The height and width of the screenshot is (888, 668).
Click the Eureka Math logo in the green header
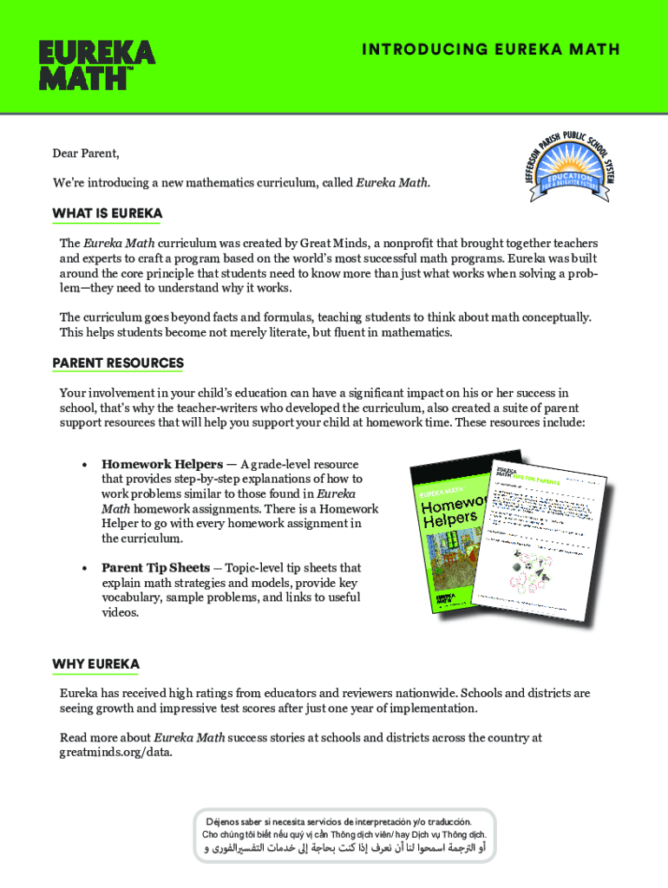tap(96, 64)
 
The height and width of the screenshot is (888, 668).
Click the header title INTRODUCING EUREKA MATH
tap(491, 49)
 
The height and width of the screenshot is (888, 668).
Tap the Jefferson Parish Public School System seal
tap(569, 157)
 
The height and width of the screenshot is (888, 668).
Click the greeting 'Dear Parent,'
tap(85, 153)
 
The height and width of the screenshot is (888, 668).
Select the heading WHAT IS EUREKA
tap(107, 213)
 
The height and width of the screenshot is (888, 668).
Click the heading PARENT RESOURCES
tap(117, 362)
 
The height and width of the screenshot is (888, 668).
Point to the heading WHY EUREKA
tap(95, 664)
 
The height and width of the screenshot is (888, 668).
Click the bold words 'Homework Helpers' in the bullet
tap(162, 464)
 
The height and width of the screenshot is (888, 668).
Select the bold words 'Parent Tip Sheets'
tap(155, 568)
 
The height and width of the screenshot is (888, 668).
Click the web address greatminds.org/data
tap(115, 752)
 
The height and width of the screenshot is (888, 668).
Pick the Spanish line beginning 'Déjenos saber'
tap(338, 821)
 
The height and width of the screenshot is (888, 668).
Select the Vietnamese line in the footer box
tap(344, 834)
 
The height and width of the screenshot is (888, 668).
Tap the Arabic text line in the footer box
tap(344, 848)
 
